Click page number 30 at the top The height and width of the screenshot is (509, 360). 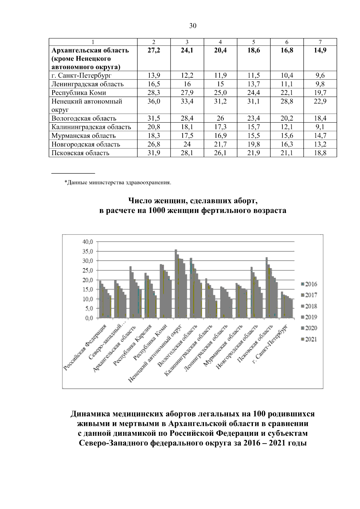point(193,26)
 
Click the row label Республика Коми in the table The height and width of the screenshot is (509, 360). point(79,93)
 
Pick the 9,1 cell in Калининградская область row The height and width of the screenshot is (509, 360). point(320,127)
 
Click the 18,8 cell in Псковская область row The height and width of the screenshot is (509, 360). point(320,153)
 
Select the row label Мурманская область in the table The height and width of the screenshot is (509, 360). point(83,136)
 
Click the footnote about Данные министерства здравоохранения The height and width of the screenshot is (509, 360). point(118,182)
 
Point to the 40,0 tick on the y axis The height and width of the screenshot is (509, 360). point(87,242)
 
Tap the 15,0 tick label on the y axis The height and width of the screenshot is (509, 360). point(87,289)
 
